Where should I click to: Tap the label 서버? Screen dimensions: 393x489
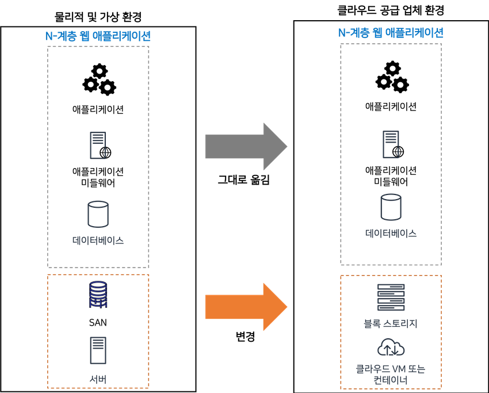tap(98, 378)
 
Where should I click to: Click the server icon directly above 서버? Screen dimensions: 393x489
tap(98, 350)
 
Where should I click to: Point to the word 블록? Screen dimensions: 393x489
tap(373, 324)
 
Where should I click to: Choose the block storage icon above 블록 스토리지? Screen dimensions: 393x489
tap(391, 297)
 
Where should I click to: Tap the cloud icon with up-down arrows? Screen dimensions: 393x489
tap(391, 348)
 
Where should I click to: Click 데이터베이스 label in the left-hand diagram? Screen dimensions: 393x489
tap(98, 240)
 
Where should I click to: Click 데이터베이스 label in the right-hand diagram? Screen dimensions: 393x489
tap(391, 233)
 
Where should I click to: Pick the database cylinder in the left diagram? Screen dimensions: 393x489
tap(98, 214)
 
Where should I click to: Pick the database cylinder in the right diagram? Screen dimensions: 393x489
tap(391, 208)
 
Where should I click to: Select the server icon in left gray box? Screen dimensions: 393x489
tap(98, 145)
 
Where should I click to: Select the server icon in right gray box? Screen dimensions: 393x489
tap(391, 144)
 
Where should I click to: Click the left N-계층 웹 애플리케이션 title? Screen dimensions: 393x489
tap(98, 36)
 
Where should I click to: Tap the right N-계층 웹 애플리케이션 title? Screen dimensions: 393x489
tap(391, 33)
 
